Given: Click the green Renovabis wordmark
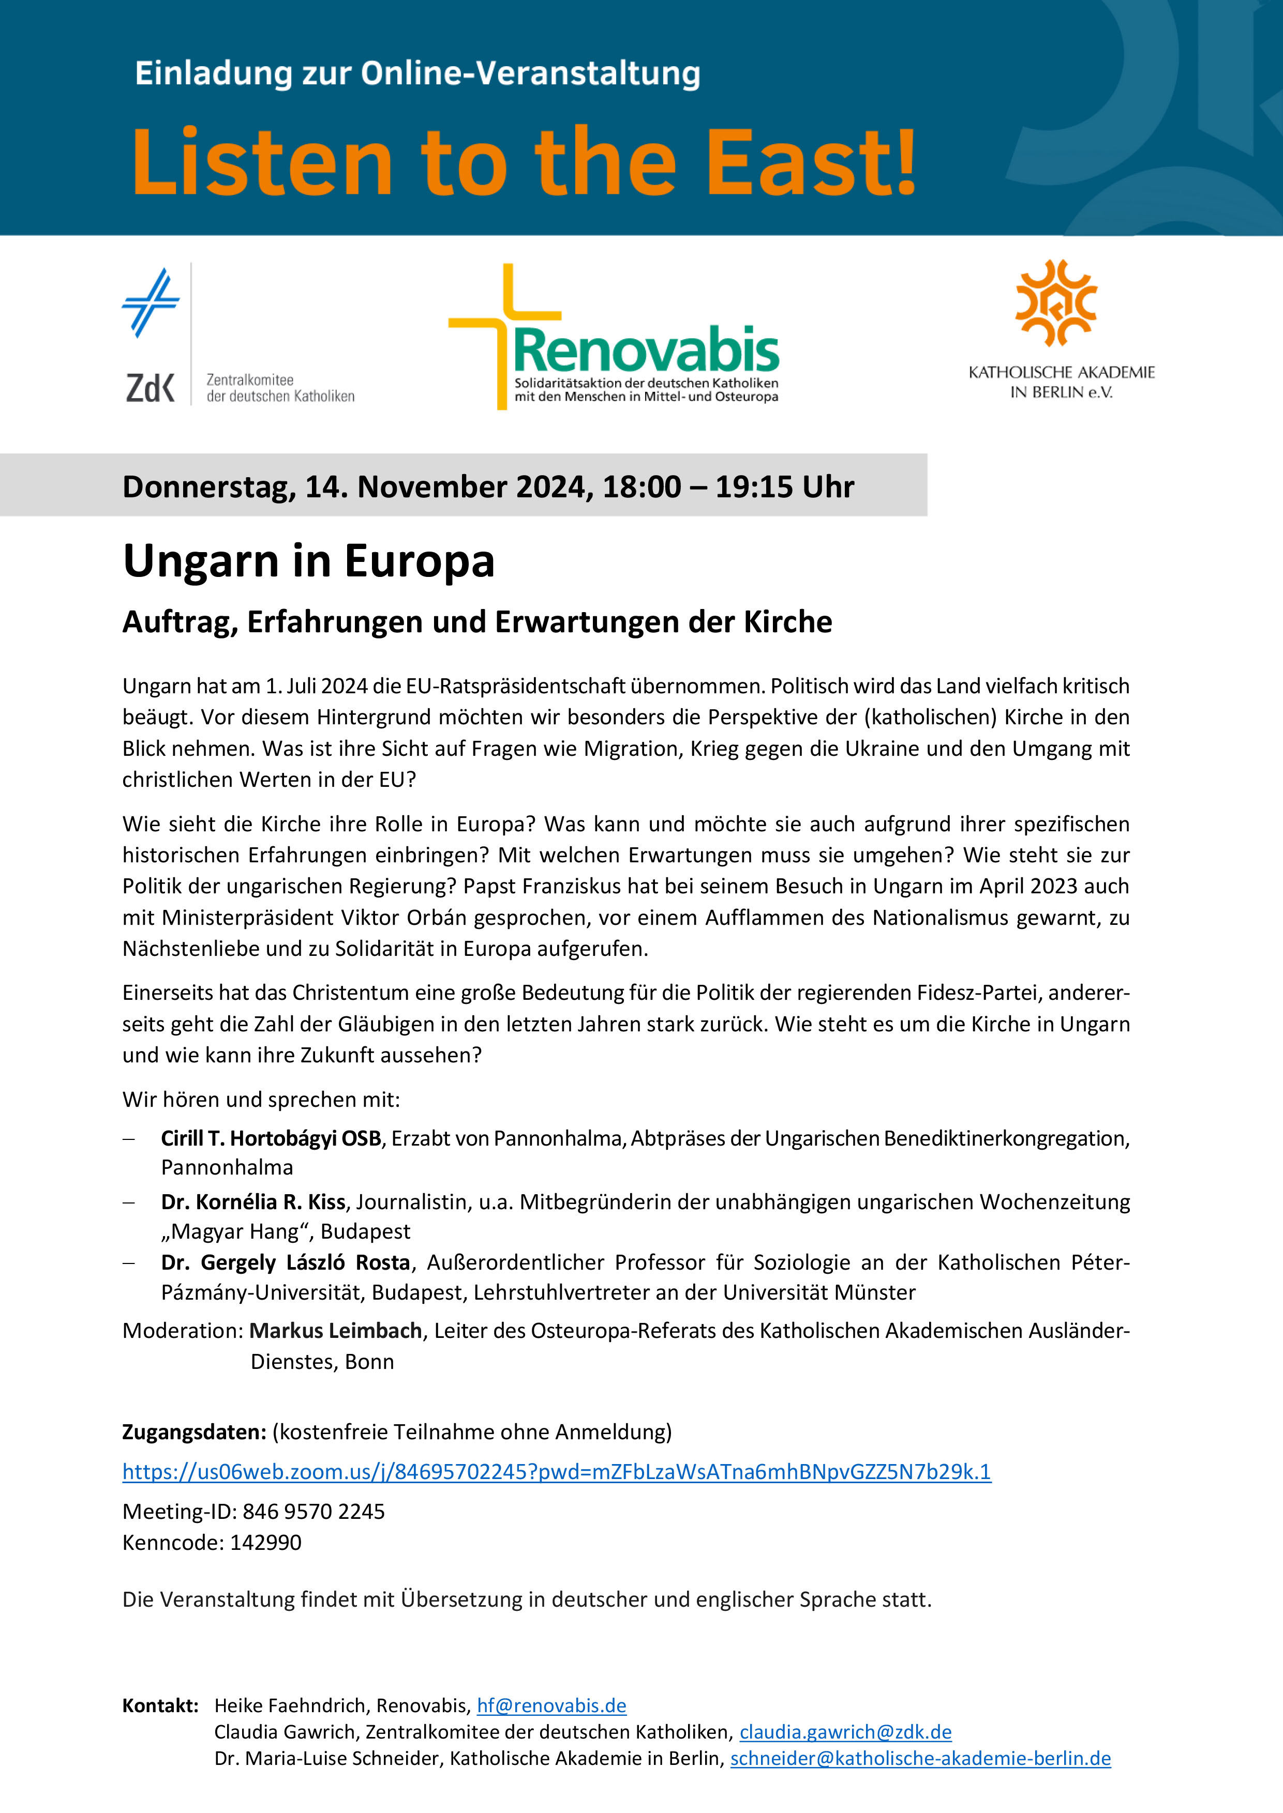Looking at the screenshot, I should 646,350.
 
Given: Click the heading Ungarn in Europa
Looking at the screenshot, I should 309,561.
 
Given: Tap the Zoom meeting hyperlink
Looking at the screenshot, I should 556,1471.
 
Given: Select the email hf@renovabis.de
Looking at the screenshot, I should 551,1705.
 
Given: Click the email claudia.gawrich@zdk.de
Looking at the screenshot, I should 845,1732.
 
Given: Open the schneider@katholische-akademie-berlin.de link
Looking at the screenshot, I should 920,1759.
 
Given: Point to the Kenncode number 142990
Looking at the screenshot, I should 265,1542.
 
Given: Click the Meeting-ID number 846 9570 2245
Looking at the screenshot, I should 314,1512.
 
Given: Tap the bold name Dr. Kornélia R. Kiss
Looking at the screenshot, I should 253,1202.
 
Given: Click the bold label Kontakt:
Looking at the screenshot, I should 160,1705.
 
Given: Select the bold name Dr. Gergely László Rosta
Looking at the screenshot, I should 285,1262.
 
